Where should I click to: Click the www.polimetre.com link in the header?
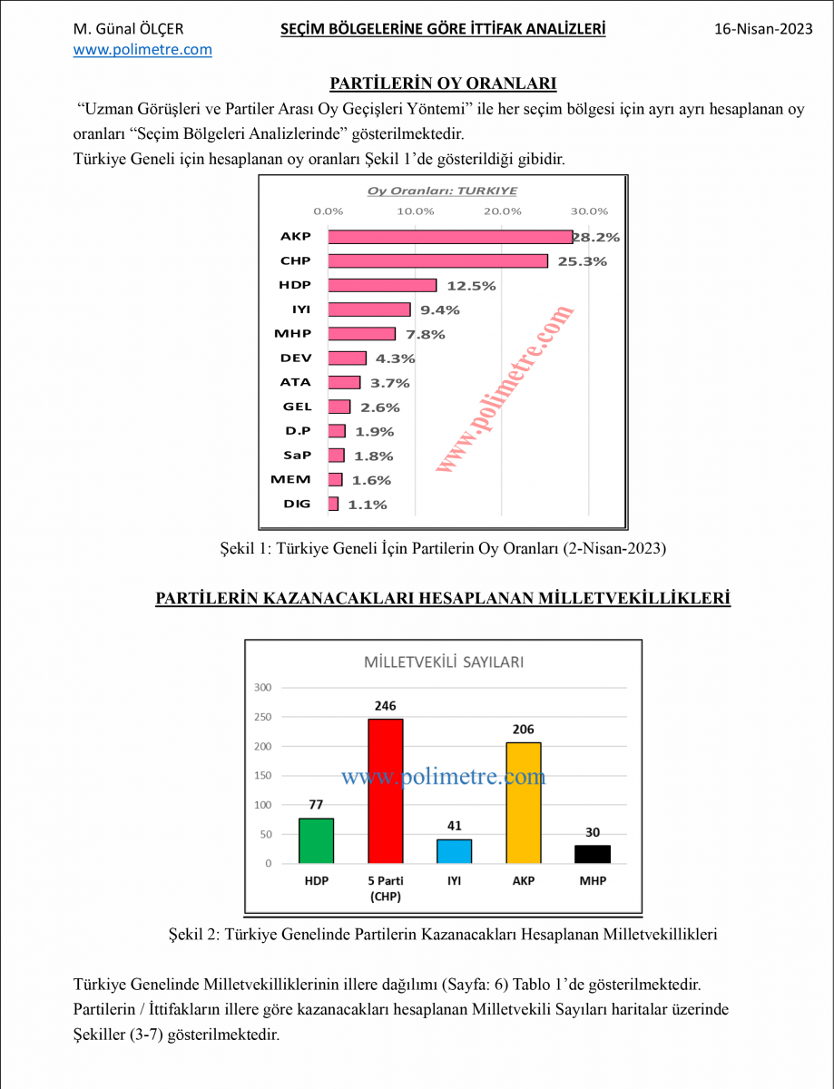click(x=142, y=50)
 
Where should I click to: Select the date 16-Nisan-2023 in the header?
click(x=763, y=30)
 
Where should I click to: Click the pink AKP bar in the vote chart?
click(x=450, y=237)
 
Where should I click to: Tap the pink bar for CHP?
click(x=437, y=261)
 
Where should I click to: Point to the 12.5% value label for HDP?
click(x=471, y=286)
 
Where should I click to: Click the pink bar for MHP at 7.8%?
click(x=361, y=334)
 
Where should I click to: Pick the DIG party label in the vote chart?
click(x=297, y=504)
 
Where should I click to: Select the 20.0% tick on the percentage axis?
click(x=502, y=211)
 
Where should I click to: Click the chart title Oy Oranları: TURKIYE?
click(x=442, y=191)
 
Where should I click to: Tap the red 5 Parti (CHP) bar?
click(x=386, y=790)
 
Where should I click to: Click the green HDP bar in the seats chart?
click(x=317, y=840)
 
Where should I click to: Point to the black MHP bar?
click(x=593, y=854)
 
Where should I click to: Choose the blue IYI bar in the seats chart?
click(x=455, y=851)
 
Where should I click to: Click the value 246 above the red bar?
click(x=386, y=706)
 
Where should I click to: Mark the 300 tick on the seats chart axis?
click(x=262, y=688)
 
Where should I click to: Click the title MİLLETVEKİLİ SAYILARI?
click(x=443, y=662)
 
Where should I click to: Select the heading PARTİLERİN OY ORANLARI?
click(x=443, y=84)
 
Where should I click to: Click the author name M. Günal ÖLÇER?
click(x=128, y=30)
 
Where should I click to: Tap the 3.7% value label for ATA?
click(x=390, y=383)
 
